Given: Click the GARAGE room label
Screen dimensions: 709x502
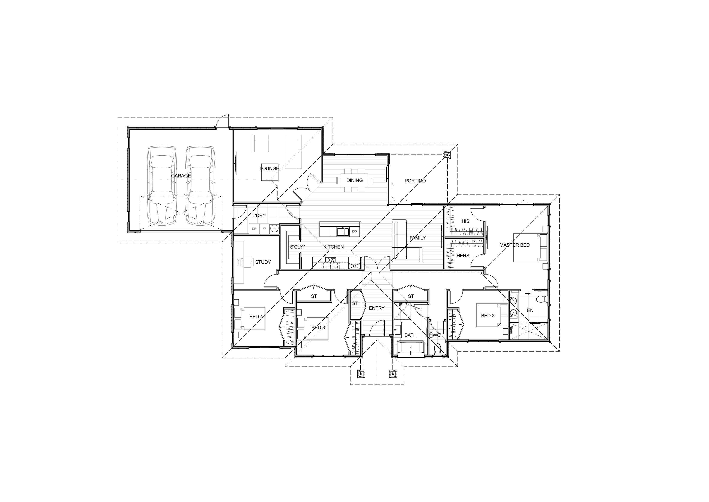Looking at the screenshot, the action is (x=181, y=176).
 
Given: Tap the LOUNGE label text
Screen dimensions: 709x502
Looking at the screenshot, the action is (x=269, y=168).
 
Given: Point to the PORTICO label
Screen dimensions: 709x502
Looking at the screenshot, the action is (x=415, y=181).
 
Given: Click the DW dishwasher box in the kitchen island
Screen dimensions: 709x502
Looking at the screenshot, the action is (x=355, y=231).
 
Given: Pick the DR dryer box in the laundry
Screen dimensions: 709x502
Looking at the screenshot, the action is (x=254, y=229).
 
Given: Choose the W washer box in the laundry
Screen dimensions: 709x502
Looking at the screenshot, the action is (x=264, y=229).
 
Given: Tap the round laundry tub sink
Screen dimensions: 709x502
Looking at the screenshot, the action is (x=274, y=229).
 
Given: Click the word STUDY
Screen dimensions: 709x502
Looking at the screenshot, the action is (x=263, y=262).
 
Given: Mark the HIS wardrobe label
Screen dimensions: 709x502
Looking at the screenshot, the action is (x=465, y=221).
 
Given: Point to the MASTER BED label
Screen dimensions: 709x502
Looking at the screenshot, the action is (x=515, y=245).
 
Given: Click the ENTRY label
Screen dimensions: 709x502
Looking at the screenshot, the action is (x=377, y=308).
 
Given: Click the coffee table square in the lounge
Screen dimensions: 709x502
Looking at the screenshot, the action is (x=270, y=172).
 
